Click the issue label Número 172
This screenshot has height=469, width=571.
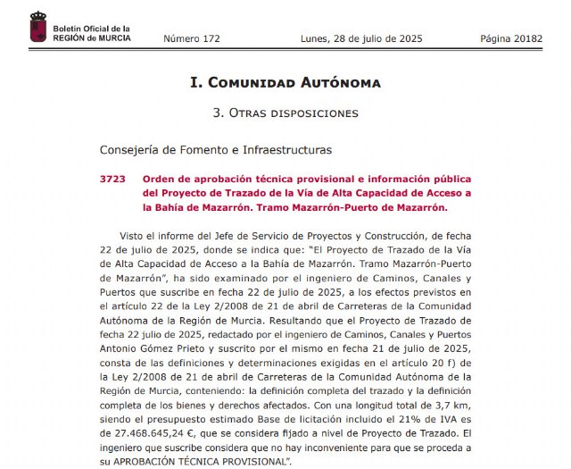click(192, 39)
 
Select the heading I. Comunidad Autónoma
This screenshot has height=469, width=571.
click(285, 83)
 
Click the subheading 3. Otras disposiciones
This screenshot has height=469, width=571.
click(285, 113)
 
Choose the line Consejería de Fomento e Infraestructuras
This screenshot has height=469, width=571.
click(203, 150)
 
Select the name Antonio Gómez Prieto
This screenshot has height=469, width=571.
click(152, 348)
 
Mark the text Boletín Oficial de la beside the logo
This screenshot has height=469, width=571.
click(92, 29)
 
